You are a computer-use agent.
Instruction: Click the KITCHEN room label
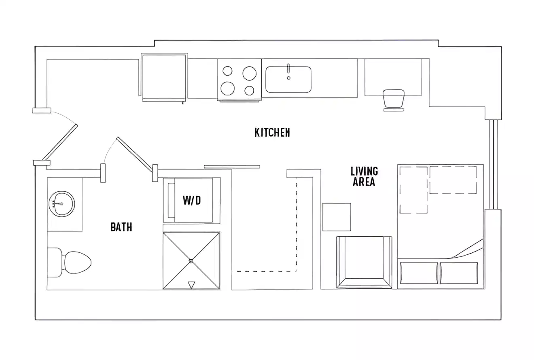pos(272,132)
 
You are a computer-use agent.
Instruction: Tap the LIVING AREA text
pos(364,176)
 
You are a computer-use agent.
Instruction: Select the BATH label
pos(121,227)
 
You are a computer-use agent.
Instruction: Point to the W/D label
pos(191,200)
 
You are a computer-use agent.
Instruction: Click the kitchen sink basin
pos(288,80)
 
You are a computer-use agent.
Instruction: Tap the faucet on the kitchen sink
pos(288,69)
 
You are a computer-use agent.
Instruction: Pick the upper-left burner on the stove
pos(228,71)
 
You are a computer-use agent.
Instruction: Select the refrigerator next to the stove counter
pos(164,77)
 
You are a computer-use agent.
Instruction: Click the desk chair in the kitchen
pos(393,99)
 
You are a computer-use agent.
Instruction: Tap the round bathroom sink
pos(61,204)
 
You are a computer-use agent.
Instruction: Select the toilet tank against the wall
pos(54,263)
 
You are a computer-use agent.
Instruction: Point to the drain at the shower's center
pos(191,260)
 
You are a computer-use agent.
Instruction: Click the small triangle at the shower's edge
pos(192,285)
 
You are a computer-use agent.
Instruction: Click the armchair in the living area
pos(364,262)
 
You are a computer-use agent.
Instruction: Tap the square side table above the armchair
pos(337,217)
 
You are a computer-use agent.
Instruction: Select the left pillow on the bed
pos(419,273)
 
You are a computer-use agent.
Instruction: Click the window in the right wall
pos(492,164)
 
